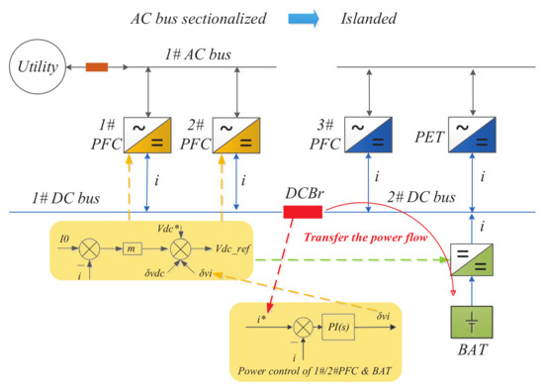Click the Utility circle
(x=34, y=68)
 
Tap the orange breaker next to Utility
(x=96, y=68)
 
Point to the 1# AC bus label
(x=198, y=53)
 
